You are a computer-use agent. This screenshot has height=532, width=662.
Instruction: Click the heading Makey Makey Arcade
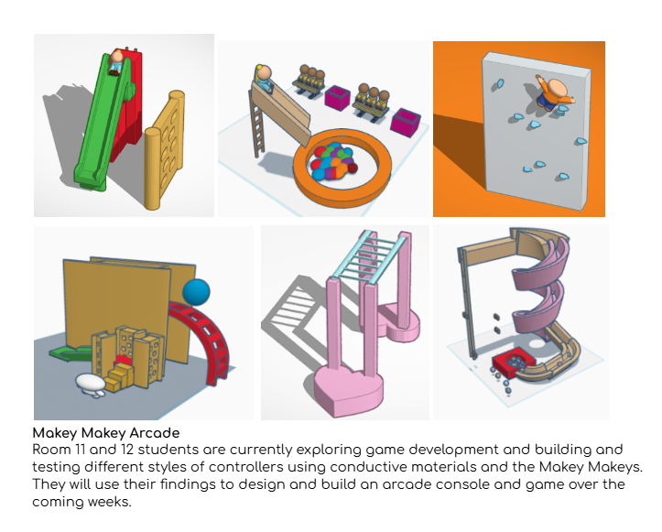click(x=106, y=433)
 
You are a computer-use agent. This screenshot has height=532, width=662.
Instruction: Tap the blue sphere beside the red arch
click(x=196, y=292)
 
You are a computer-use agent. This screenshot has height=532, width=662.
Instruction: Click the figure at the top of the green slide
click(x=116, y=62)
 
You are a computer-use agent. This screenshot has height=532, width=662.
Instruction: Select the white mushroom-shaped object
click(x=92, y=385)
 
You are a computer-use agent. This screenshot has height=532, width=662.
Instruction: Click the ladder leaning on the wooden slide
click(x=257, y=125)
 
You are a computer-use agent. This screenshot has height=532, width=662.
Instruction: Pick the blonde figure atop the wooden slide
click(x=265, y=78)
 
